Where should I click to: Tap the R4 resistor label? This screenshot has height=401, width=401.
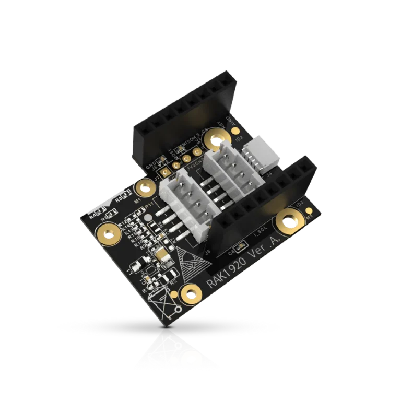pyautogui.click(x=93, y=216)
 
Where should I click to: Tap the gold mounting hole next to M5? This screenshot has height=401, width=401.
pyautogui.click(x=288, y=220)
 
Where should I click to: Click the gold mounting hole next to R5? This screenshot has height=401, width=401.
pyautogui.click(x=107, y=232)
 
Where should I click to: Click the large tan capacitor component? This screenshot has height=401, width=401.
pyautogui.click(x=161, y=256)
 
